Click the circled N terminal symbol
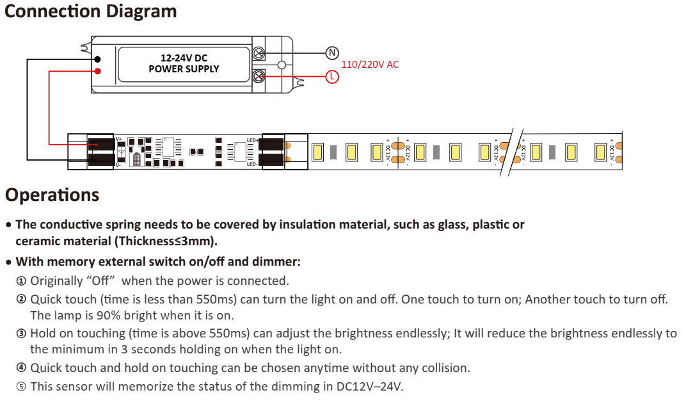tap(331, 53)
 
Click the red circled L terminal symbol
tap(331, 77)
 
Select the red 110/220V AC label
tap(370, 65)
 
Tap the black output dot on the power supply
tap(97, 59)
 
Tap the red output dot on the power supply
tap(97, 70)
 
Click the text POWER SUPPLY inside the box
tap(184, 69)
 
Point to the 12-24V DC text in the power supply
tap(184, 58)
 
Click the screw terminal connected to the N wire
tap(259, 53)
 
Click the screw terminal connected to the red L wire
tap(259, 77)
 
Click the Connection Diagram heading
tap(91, 12)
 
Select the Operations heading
tap(52, 195)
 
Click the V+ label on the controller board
tap(118, 139)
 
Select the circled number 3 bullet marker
tap(21, 334)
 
